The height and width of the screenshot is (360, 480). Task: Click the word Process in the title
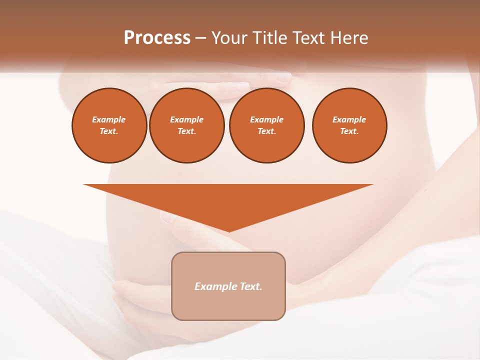pos(157,38)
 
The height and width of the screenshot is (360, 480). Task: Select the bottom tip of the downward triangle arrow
pos(229,231)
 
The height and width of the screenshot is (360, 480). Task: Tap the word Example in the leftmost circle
pos(109,119)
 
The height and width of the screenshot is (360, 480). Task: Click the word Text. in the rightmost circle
pos(349,131)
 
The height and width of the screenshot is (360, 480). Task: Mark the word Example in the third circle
pos(266,119)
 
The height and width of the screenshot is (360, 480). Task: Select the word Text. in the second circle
pos(186,131)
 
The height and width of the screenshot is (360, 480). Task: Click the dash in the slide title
pos(200,38)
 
